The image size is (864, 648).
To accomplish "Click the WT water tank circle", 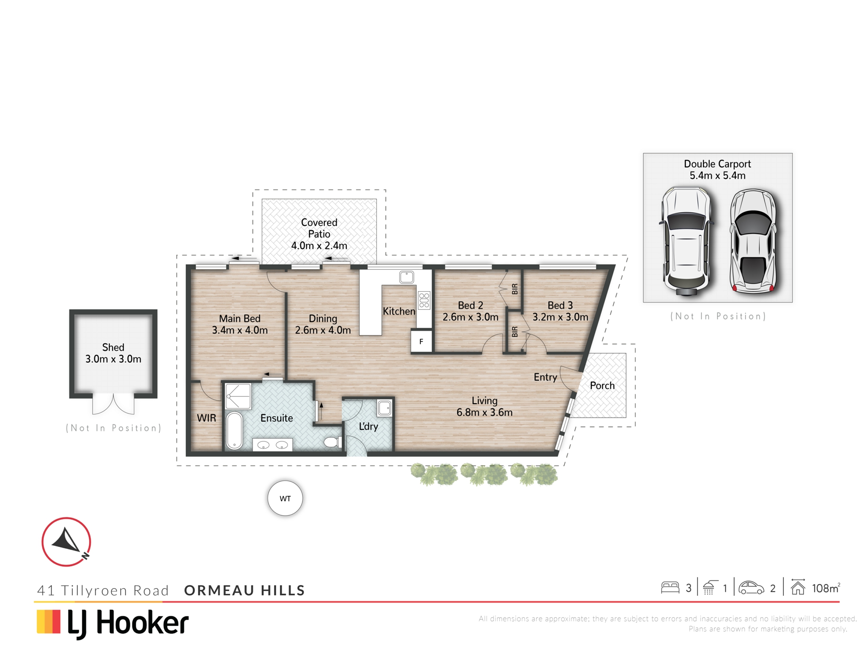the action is click(x=285, y=498).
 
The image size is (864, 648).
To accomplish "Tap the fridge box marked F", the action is click(x=421, y=342).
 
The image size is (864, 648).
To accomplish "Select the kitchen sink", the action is click(x=407, y=277).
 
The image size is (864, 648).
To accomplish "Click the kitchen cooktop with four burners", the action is click(x=424, y=300).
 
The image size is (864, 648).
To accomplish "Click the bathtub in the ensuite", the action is click(x=234, y=430).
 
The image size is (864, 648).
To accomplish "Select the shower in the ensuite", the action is click(x=238, y=396).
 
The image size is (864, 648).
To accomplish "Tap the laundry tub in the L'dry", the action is click(x=385, y=408).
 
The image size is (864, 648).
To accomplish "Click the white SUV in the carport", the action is click(x=686, y=241).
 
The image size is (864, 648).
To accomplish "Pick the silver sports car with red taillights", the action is click(x=753, y=242).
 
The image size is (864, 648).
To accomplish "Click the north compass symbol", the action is click(x=67, y=542).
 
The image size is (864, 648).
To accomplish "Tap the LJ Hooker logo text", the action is click(x=128, y=624).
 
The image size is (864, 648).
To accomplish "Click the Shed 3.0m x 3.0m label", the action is click(x=113, y=353).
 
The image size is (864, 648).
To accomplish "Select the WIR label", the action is click(x=207, y=418).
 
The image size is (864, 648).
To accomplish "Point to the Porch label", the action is click(x=602, y=386).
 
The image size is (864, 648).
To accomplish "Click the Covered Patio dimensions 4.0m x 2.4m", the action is click(x=319, y=246).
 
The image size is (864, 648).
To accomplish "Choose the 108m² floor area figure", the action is click(x=826, y=588).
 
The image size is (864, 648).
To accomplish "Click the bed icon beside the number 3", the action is click(x=670, y=587).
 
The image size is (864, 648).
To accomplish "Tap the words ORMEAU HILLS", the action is click(x=245, y=590).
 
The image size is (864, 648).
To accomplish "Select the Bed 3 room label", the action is click(x=560, y=306).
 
